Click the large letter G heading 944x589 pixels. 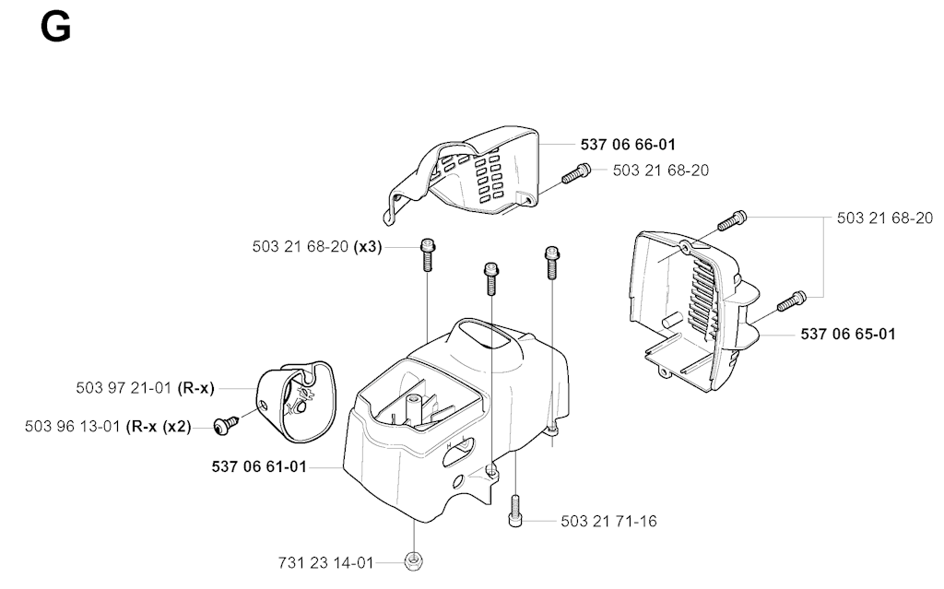click(56, 27)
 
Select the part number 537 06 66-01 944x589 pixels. click(628, 144)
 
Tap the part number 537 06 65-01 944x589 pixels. click(847, 334)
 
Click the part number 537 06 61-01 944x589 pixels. click(259, 466)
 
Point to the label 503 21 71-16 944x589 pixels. click(608, 522)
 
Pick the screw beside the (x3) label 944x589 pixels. click(427, 253)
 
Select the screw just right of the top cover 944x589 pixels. click(577, 171)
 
